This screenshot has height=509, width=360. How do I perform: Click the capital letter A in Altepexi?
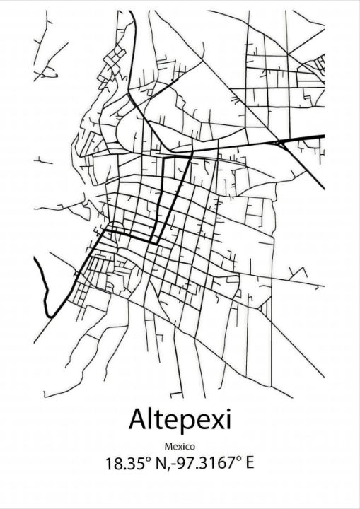(x=137, y=420)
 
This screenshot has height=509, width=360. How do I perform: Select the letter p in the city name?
(x=183, y=423)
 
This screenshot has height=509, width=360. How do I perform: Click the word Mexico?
(x=180, y=447)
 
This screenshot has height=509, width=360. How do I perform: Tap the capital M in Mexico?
(x=168, y=447)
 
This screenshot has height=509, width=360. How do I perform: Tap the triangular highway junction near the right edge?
(x=283, y=143)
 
